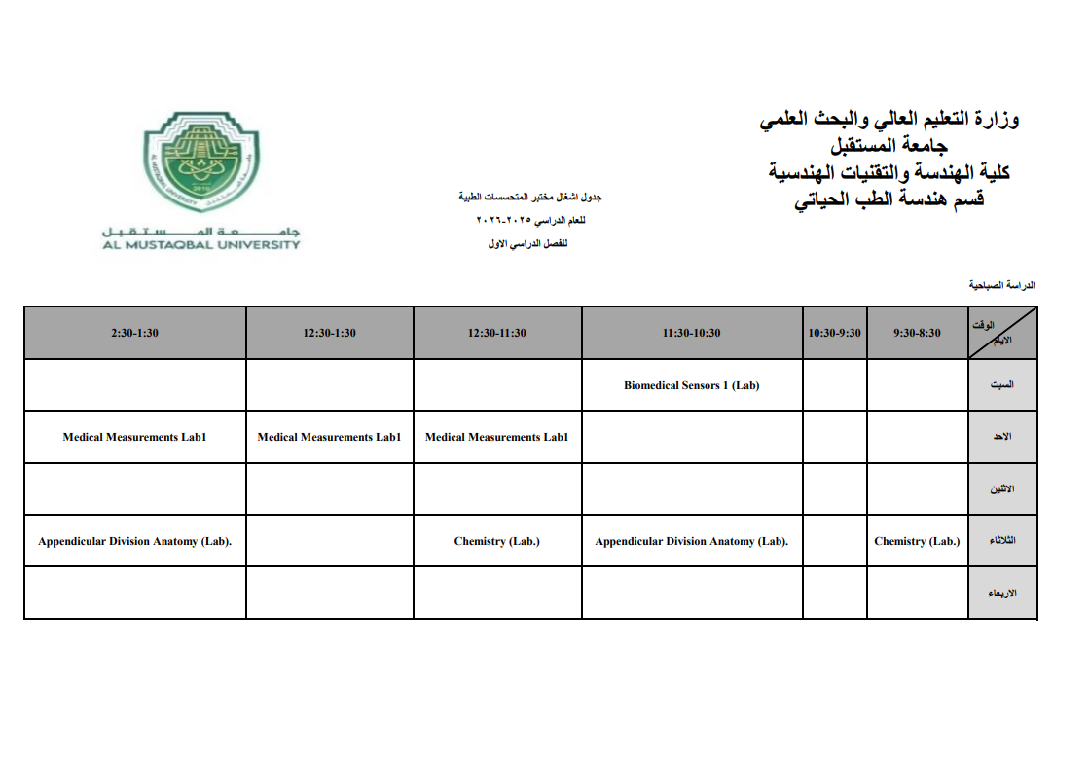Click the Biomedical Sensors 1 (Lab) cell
point(691,385)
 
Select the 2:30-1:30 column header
point(134,333)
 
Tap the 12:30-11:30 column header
point(496,333)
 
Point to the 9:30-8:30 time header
point(917,333)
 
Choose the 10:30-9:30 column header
point(834,333)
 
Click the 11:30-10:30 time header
point(691,333)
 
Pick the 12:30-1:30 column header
point(329,333)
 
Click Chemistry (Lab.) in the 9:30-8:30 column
point(917,541)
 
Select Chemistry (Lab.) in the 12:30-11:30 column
point(496,541)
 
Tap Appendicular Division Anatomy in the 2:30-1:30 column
point(134,541)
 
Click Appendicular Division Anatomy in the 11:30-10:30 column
point(691,541)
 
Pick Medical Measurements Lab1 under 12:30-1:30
point(329,437)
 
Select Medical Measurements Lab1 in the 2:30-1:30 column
point(134,437)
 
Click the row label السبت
point(1001,385)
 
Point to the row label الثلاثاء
point(1001,541)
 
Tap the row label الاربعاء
point(1001,593)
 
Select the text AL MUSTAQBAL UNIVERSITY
point(201,245)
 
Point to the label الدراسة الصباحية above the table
point(1001,286)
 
